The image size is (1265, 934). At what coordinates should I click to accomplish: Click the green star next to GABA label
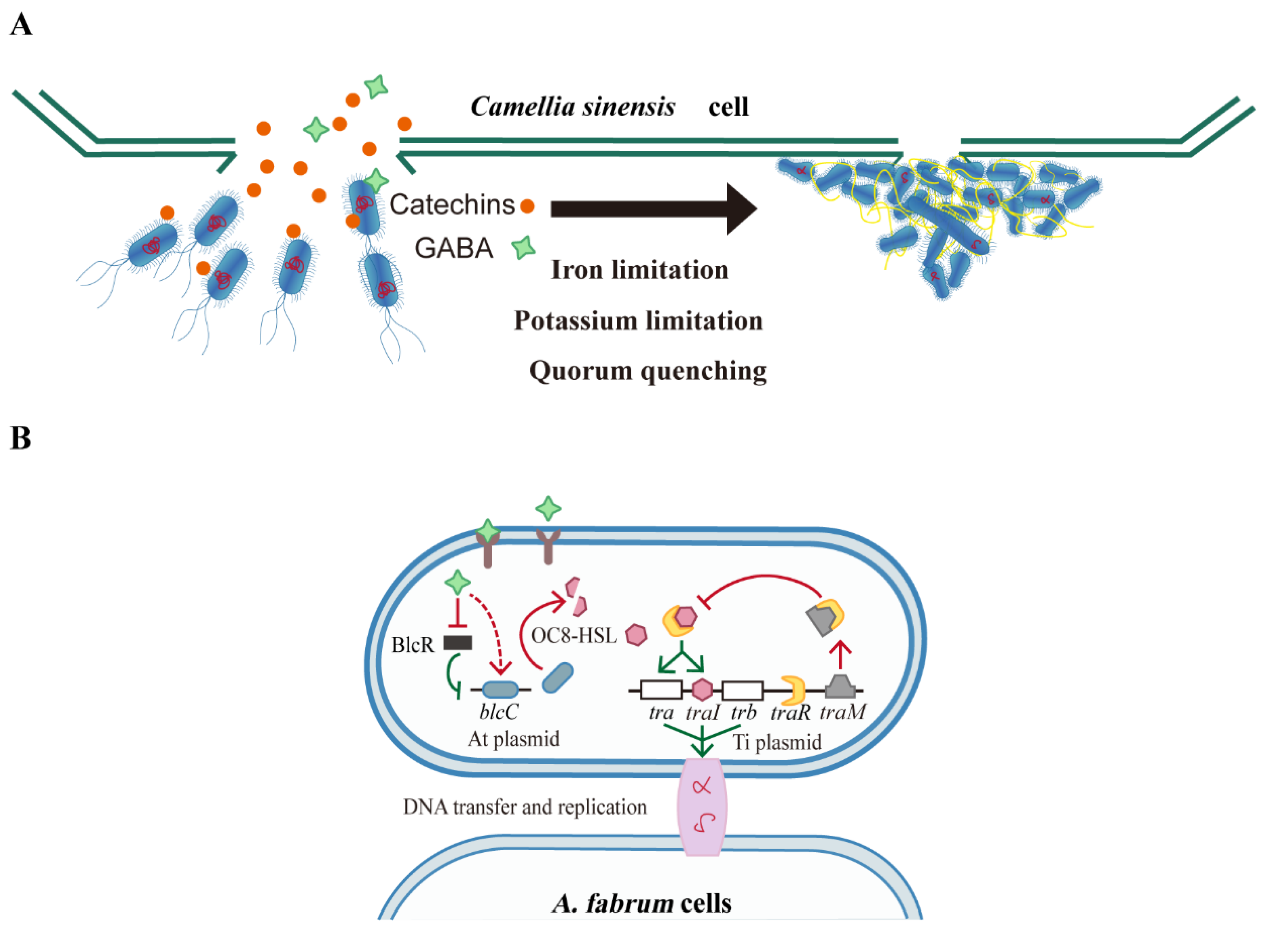523,247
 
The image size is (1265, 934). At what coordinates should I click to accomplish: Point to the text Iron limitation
639,270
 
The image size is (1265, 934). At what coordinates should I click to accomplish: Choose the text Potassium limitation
638,321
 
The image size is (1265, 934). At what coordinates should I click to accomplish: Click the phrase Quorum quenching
648,371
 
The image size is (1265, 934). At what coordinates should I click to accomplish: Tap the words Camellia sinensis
573,106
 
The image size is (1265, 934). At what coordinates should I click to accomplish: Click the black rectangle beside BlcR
457,643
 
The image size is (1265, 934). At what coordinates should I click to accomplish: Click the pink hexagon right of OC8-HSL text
636,635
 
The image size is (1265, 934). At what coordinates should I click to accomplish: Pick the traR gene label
790,712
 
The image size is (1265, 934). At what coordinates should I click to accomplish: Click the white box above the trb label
743,690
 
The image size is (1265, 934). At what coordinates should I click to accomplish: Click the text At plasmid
513,738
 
